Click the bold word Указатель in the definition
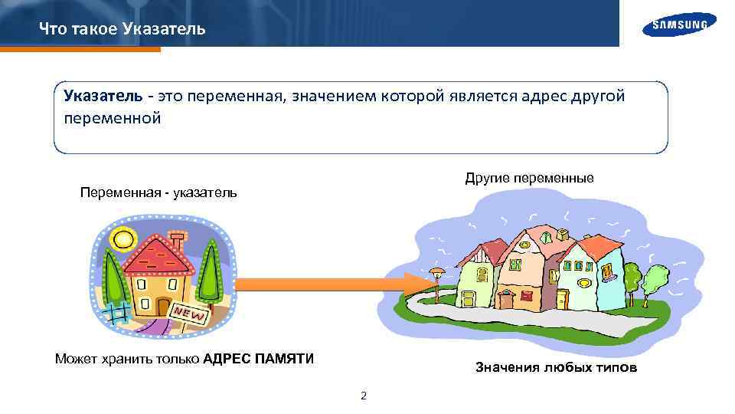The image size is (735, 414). pyautogui.click(x=103, y=96)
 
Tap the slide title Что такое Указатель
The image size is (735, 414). pyautogui.click(x=122, y=29)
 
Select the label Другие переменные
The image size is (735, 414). pyautogui.click(x=529, y=178)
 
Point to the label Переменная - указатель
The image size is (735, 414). pyautogui.click(x=158, y=192)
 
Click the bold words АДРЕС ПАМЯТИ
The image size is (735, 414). pyautogui.click(x=259, y=359)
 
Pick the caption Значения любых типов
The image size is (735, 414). pyautogui.click(x=556, y=368)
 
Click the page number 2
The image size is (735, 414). pyautogui.click(x=364, y=396)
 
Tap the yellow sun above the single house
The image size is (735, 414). pyautogui.click(x=122, y=238)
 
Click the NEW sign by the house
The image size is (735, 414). pyautogui.click(x=189, y=314)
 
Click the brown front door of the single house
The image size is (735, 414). pyautogui.click(x=162, y=307)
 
